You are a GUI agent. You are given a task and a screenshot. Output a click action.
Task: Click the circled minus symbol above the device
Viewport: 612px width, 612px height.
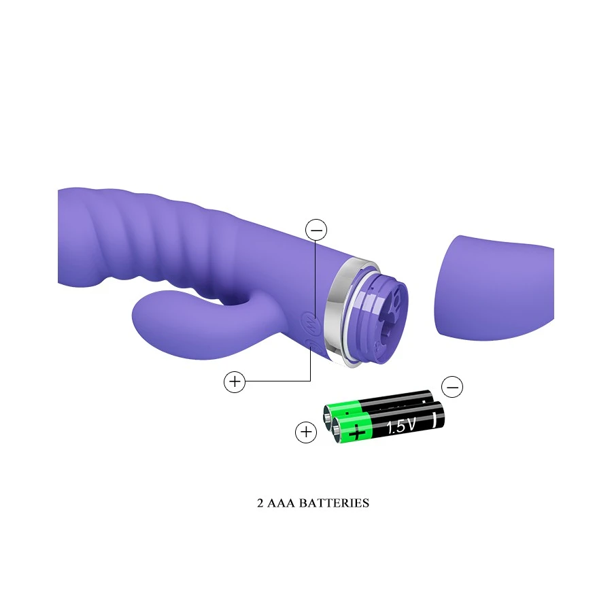[x=316, y=230]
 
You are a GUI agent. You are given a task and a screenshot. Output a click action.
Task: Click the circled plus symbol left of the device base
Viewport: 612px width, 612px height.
[x=235, y=381]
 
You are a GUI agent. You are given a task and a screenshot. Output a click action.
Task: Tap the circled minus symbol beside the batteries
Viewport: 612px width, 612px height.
[x=452, y=387]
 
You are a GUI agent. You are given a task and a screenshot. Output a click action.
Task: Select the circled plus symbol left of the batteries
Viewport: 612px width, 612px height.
[x=306, y=432]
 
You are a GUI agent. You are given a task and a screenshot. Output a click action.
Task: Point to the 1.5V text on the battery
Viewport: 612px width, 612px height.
[x=401, y=426]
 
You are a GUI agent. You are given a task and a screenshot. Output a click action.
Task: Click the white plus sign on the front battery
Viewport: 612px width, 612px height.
[x=356, y=434]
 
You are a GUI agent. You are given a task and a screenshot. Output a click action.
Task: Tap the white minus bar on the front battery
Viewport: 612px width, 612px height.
[x=435, y=420]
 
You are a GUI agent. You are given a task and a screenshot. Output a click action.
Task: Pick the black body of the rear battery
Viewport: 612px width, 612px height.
[x=394, y=402]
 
